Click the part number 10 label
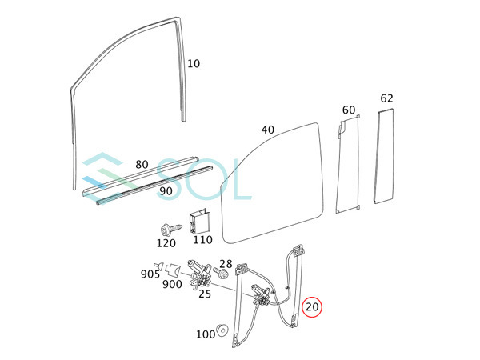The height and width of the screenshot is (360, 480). [194, 64]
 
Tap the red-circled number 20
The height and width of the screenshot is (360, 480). [312, 306]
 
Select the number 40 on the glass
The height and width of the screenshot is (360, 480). [268, 130]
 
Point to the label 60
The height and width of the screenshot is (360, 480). [348, 110]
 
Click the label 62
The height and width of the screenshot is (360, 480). [386, 98]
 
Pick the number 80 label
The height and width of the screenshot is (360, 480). [142, 165]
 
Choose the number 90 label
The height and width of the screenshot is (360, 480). [166, 191]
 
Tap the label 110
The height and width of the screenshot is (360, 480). [202, 239]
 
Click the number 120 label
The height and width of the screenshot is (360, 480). [166, 242]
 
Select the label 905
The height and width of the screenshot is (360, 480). [150, 274]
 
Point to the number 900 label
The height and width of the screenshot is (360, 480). [172, 285]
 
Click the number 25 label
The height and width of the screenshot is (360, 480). [205, 294]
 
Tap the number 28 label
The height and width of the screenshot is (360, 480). [226, 264]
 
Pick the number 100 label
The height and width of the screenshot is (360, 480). [206, 334]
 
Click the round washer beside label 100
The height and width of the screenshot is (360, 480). [225, 330]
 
